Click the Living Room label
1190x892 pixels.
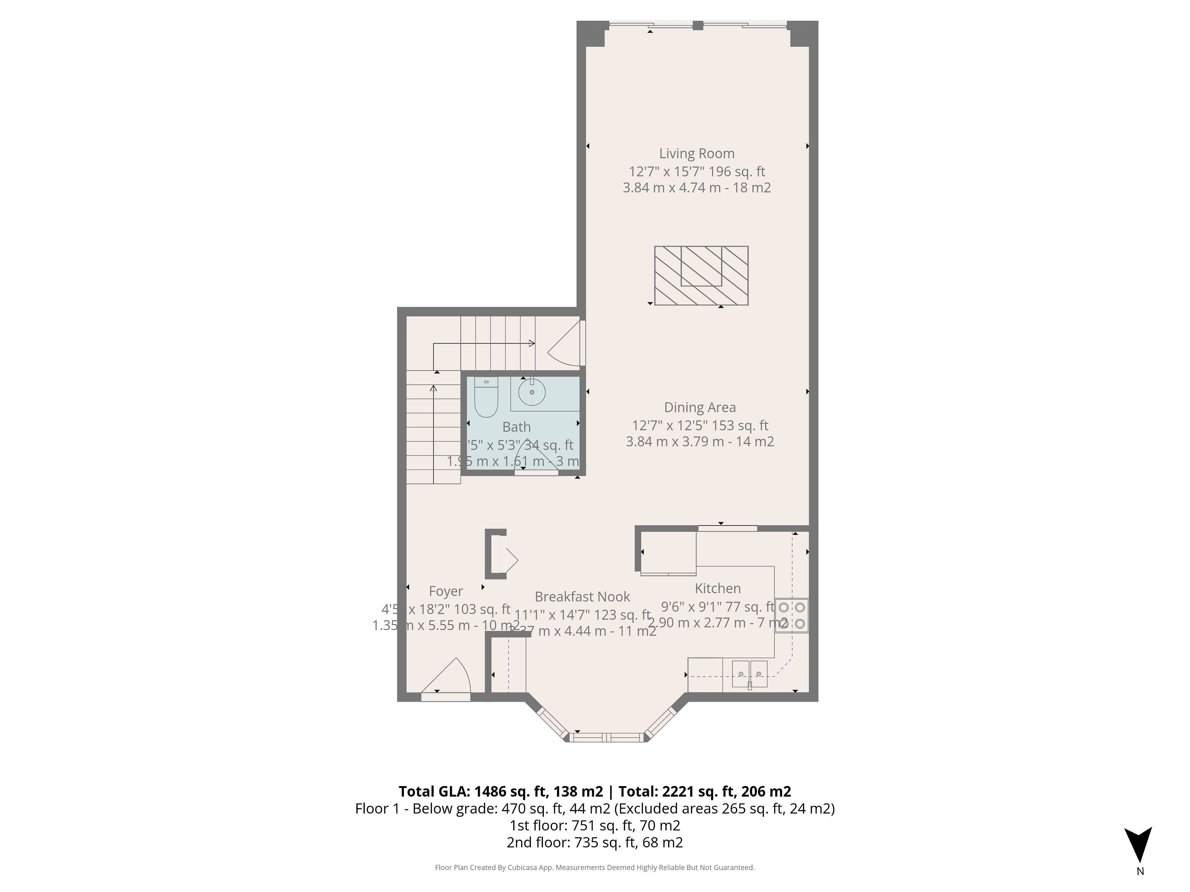[x=697, y=154]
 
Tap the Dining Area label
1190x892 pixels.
[x=699, y=408]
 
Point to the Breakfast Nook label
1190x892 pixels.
[x=582, y=597]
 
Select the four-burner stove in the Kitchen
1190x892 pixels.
[x=791, y=616]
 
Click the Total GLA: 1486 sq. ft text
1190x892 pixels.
[x=500, y=791]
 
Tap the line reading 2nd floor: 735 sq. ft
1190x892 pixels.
[x=594, y=842]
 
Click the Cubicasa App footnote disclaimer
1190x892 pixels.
[x=594, y=867]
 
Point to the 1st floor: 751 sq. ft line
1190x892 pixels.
[x=594, y=825]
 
